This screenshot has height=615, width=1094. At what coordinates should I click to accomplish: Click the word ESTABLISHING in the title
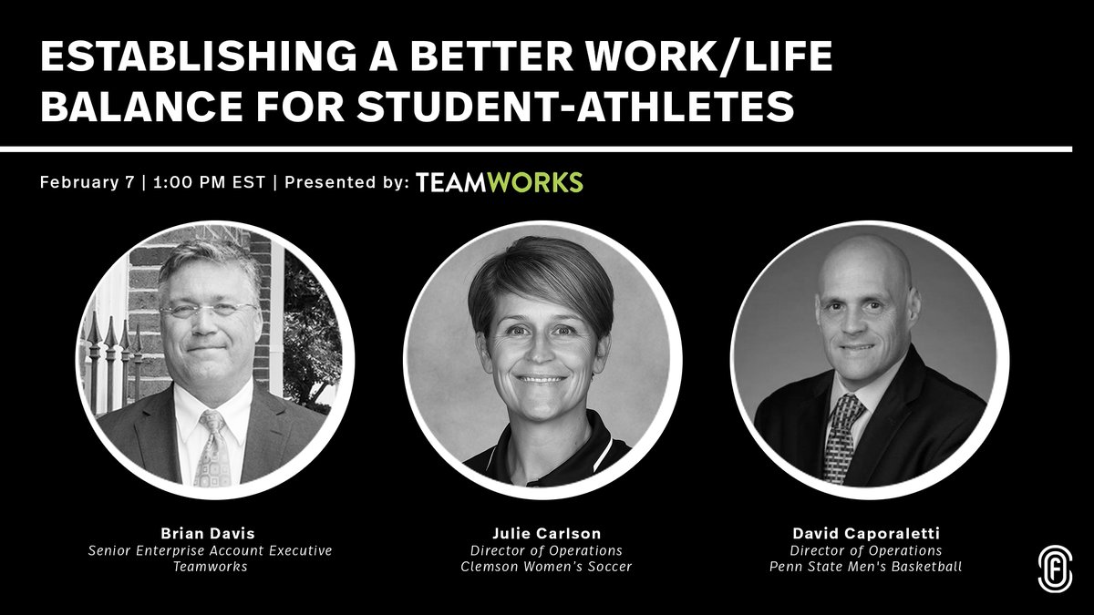(x=198, y=56)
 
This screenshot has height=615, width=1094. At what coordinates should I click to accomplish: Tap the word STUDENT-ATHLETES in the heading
(x=575, y=106)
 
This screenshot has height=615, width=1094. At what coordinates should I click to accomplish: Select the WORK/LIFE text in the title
(x=709, y=56)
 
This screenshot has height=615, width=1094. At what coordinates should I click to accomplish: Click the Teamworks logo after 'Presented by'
(x=500, y=182)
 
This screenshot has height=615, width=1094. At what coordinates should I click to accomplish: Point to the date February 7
(x=87, y=182)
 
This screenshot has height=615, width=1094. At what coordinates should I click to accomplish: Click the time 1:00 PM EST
(x=209, y=182)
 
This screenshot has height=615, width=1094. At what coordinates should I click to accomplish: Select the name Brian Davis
(x=208, y=533)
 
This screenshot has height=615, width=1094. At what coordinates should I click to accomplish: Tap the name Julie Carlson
(x=546, y=533)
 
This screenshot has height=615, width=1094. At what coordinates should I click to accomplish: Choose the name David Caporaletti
(x=866, y=533)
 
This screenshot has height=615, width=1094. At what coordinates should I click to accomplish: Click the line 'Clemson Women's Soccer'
(x=546, y=567)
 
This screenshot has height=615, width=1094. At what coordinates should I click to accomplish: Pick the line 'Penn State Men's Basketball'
(x=866, y=567)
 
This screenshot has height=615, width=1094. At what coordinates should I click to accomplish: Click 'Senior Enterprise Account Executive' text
(x=210, y=550)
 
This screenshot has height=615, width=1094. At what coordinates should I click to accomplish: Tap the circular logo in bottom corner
(x=1055, y=569)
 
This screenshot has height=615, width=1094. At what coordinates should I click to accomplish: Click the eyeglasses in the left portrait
(x=209, y=309)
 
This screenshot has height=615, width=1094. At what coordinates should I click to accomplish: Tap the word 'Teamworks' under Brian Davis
(x=211, y=567)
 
